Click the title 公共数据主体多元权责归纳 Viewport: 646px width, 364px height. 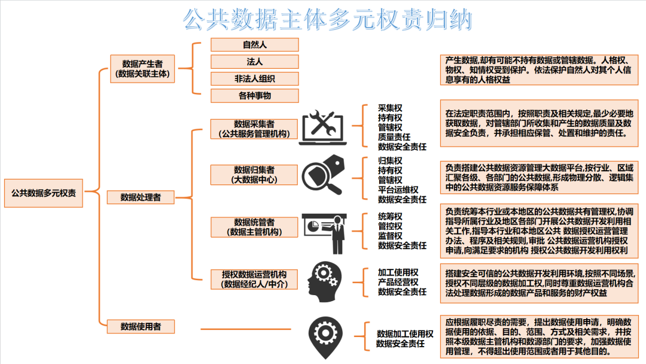coord(328,19)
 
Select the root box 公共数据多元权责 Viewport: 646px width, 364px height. coord(44,193)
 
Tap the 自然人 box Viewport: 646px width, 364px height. coord(254,45)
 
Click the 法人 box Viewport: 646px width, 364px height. coord(254,62)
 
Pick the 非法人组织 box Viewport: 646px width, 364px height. coord(254,78)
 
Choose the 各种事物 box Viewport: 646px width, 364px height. coord(254,95)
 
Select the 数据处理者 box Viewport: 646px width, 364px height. coord(141,197)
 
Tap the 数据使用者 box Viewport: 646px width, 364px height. coord(141,326)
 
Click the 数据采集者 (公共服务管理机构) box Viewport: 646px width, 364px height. coord(254,129)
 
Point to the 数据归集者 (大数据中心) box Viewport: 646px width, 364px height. coord(254,174)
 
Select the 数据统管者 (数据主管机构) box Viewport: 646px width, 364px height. coord(254,227)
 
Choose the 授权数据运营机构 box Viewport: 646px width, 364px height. coord(254,279)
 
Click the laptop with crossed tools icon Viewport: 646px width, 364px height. coord(323,128)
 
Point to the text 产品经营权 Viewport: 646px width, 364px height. coord(398,282)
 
